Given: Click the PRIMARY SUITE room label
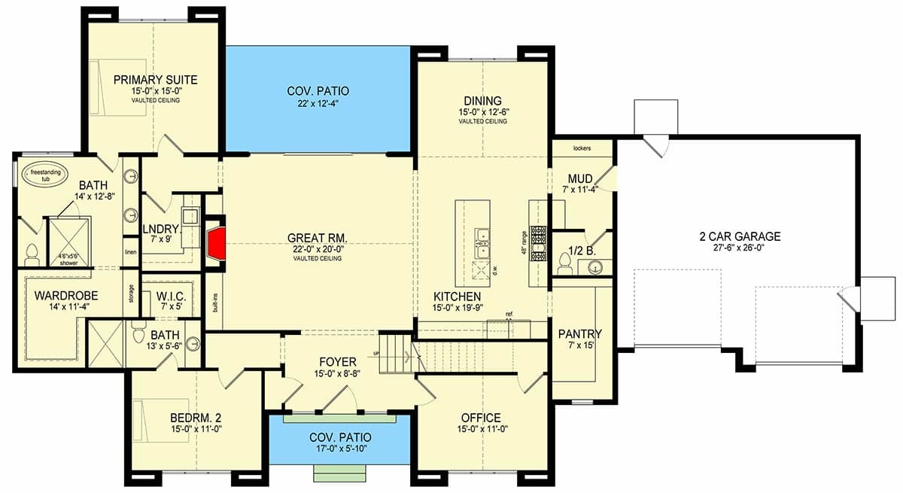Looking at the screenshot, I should (155, 79).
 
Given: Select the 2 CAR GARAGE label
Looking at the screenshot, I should (740, 236).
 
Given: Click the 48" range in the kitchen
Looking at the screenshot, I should (538, 242).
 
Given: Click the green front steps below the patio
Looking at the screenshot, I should (340, 473).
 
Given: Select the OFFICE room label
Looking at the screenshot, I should (481, 418).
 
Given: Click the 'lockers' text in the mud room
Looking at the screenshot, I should (582, 148).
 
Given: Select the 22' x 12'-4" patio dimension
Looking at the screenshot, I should (318, 104).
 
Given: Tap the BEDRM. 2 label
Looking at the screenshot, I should (196, 418).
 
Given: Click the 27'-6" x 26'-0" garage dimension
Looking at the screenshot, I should (740, 248).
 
